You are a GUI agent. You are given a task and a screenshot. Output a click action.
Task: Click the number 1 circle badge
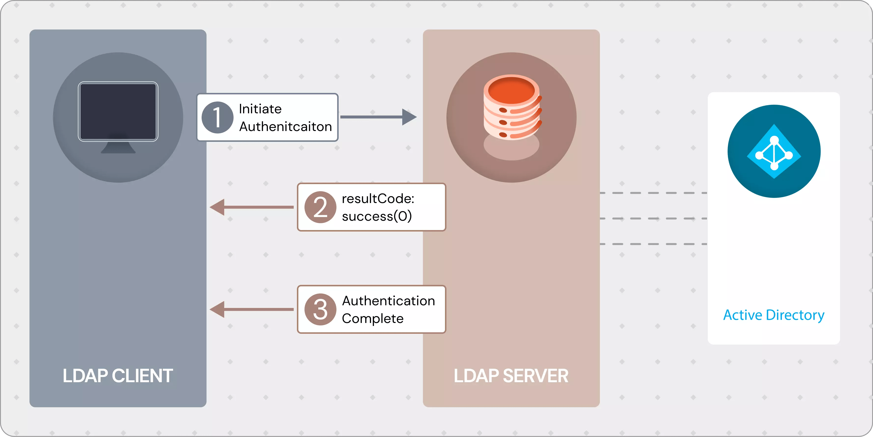pyautogui.click(x=217, y=117)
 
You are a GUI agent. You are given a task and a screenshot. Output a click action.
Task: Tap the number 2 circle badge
pyautogui.click(x=320, y=207)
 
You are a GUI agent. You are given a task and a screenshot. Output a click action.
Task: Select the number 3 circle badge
pyautogui.click(x=320, y=309)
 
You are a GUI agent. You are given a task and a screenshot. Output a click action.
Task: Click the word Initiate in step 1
pyautogui.click(x=260, y=109)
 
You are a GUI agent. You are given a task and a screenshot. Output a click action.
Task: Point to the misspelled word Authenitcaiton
pyautogui.click(x=285, y=127)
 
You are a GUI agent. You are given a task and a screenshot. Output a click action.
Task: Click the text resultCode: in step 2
pyautogui.click(x=378, y=199)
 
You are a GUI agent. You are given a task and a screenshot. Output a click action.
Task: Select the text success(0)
pyautogui.click(x=376, y=216)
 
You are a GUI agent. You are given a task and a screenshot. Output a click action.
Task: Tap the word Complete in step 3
pyautogui.click(x=373, y=319)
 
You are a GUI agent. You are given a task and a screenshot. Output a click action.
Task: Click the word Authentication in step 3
pyautogui.click(x=388, y=301)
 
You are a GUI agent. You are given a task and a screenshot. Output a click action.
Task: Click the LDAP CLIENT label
pyautogui.click(x=118, y=376)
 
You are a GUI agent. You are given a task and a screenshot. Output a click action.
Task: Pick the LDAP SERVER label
pyautogui.click(x=511, y=376)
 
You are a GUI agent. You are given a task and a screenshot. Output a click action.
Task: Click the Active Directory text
pyautogui.click(x=774, y=315)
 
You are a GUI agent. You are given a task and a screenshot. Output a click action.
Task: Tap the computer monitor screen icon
pyautogui.click(x=118, y=111)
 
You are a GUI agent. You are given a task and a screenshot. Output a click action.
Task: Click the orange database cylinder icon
pyautogui.click(x=512, y=107)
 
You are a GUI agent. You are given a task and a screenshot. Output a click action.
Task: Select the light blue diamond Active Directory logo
pyautogui.click(x=774, y=151)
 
